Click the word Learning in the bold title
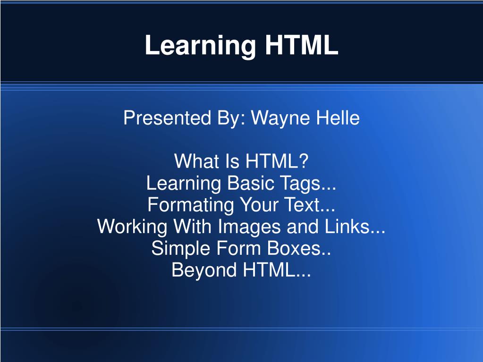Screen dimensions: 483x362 [200, 46]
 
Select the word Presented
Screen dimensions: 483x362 [167, 118]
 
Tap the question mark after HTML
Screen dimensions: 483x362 [304, 160]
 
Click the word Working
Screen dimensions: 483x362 [132, 227]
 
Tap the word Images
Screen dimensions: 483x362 [249, 227]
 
